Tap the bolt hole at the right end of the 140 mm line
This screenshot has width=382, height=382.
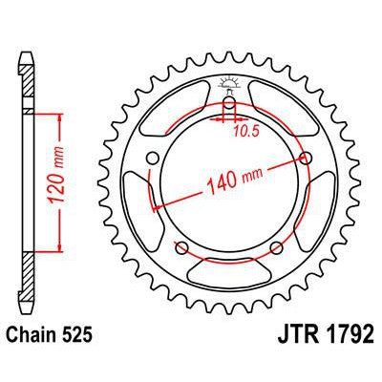(x=306, y=158)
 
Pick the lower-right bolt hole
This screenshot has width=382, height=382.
(x=276, y=248)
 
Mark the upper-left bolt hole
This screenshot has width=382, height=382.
(x=151, y=159)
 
